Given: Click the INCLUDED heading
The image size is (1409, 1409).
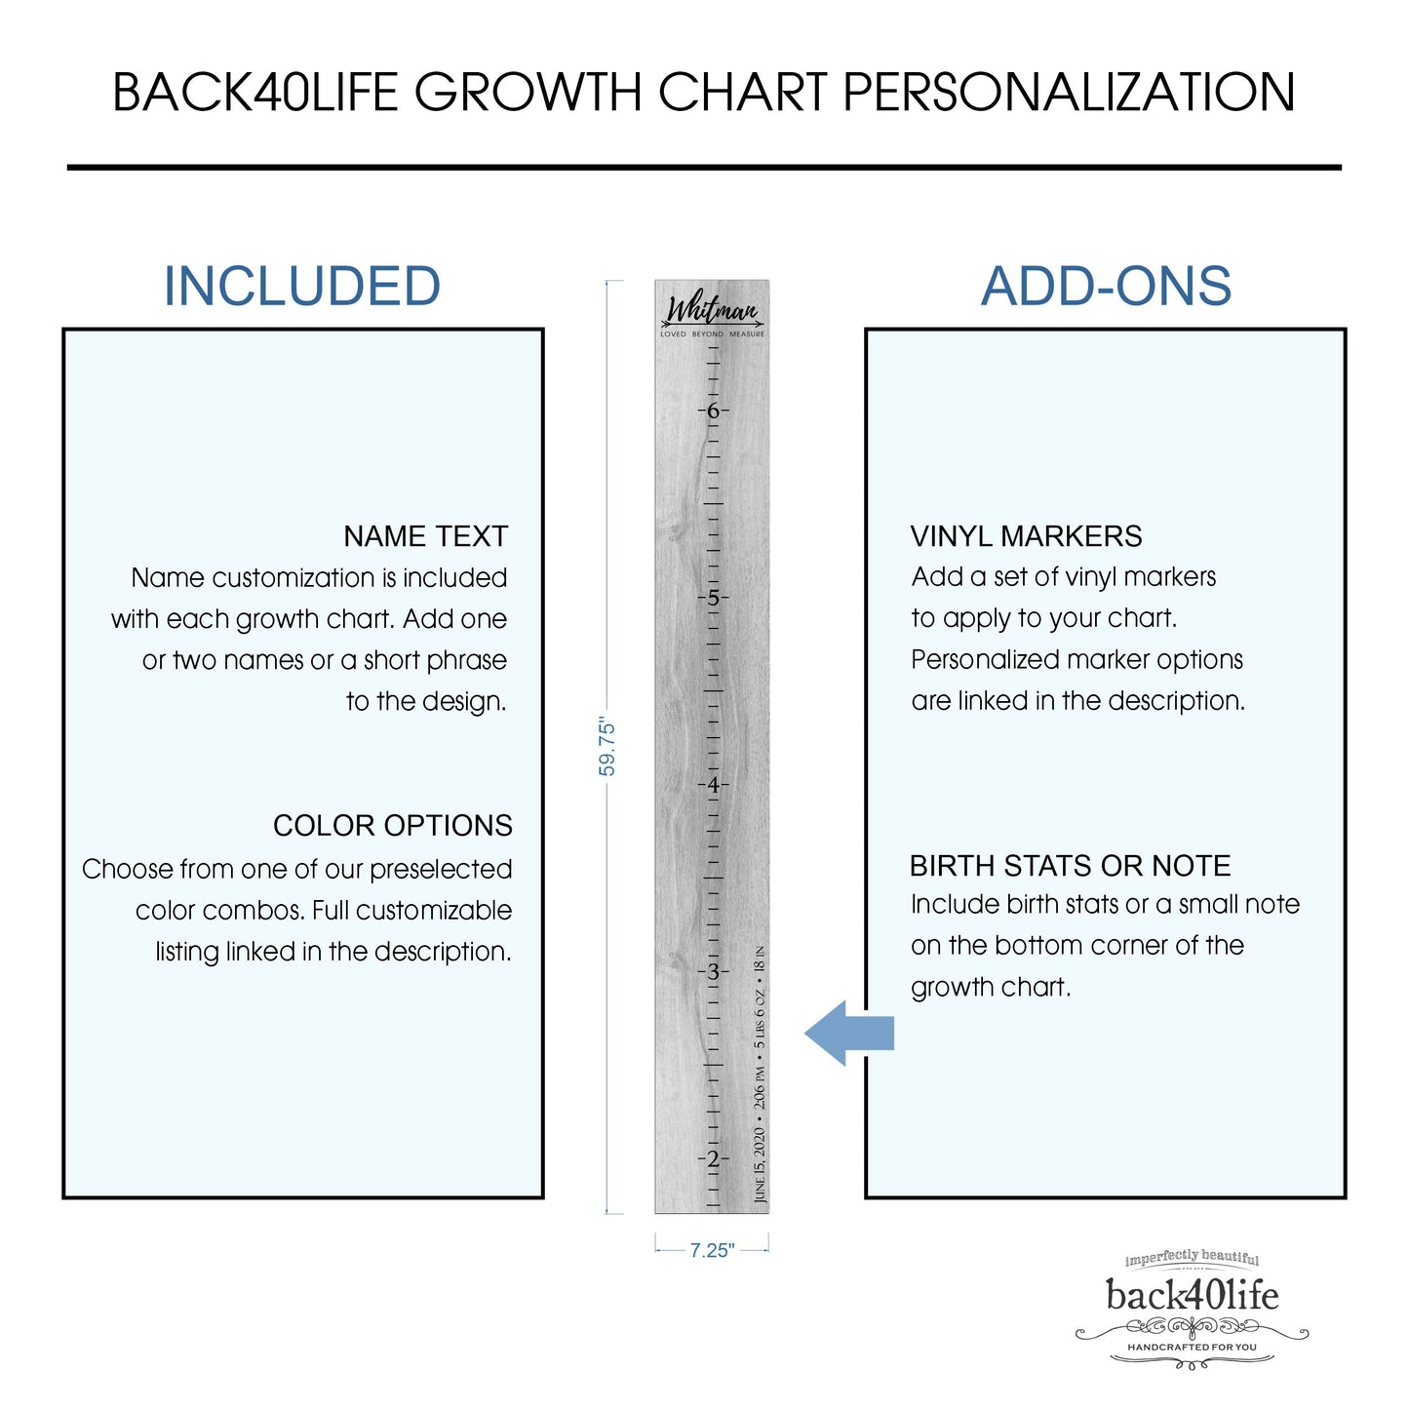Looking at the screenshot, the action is coord(302,286).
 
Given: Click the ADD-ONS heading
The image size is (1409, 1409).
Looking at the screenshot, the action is coord(1106,286).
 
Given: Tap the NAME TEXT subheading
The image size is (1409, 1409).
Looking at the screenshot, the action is coord(425,536).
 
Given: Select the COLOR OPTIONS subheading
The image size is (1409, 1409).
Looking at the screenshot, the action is coord(393,826).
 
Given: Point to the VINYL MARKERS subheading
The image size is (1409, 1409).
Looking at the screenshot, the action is coord(1026,536).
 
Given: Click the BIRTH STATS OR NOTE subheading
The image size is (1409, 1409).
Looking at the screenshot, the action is coord(1070,866).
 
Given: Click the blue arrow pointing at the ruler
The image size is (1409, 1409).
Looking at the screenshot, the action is coord(849,1034).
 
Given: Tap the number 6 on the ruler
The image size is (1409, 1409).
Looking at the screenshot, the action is coord(713,411).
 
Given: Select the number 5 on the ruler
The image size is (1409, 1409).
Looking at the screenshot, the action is coord(713,598).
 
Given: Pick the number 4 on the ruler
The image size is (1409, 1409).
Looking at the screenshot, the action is coord(713,785).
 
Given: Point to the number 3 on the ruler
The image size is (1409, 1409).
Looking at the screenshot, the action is coord(713,972).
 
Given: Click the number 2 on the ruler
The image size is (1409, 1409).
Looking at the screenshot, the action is coord(713,1158).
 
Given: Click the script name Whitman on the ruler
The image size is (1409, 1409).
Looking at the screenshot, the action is coord(712,310).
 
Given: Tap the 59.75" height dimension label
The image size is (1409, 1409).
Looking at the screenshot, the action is coord(607,747).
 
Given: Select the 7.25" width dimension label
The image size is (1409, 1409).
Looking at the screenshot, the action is coord(712,1250).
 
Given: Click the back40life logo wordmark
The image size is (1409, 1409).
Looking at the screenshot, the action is coord(1192,1295).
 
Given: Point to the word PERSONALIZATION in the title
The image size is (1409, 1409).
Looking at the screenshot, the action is coord(1069,92).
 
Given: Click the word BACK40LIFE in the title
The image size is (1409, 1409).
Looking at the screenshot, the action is coord(255,92).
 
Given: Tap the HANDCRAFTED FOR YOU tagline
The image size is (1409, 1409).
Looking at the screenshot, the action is coord(1192,1347).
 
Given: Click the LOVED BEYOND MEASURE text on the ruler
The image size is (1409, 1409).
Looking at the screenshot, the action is coord(712,334).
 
